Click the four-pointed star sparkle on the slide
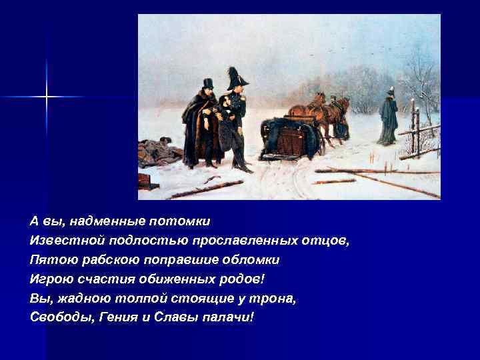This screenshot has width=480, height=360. [x=47, y=97]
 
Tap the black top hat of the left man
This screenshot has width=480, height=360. [x=207, y=83]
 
